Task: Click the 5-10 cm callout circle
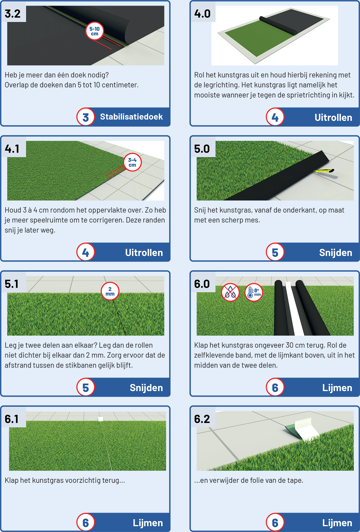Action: (x=94, y=31)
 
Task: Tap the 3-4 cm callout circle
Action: (x=132, y=162)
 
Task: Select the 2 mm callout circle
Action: (x=110, y=291)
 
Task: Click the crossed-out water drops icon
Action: (x=230, y=292)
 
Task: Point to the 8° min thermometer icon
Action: (x=254, y=292)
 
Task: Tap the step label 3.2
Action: (x=13, y=14)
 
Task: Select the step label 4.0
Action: (x=202, y=14)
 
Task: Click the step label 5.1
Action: (x=12, y=284)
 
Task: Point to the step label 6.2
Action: (x=202, y=419)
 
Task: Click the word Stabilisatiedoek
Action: (x=131, y=117)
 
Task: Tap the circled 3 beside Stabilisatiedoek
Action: (x=85, y=117)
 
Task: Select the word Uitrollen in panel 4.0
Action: (x=333, y=117)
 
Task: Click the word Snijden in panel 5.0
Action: (x=336, y=253)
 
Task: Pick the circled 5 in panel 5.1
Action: (x=85, y=387)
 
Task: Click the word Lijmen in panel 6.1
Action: (x=148, y=523)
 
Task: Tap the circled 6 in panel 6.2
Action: (x=275, y=522)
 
